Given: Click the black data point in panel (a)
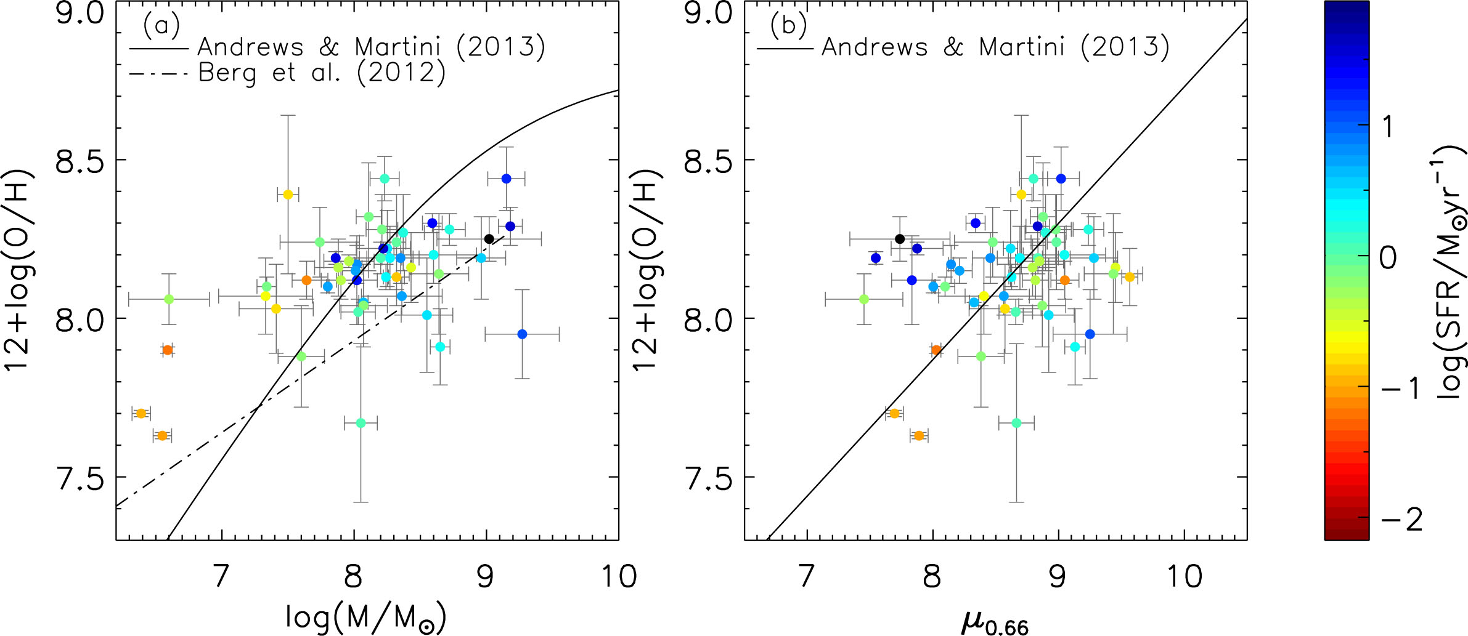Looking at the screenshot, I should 489,239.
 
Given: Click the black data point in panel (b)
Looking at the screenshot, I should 900,239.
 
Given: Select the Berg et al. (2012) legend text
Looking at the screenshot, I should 322,73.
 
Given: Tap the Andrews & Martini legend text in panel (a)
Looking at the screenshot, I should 371,47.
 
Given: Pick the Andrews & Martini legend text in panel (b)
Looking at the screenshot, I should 995,47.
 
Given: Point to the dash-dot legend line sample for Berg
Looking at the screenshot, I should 158,74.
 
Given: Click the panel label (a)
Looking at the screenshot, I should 161,25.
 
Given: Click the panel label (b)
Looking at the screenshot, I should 788,25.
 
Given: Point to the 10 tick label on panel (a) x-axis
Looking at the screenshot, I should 618,577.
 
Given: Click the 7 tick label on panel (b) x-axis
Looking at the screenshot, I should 806,577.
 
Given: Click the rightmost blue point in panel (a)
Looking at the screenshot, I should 522,334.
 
